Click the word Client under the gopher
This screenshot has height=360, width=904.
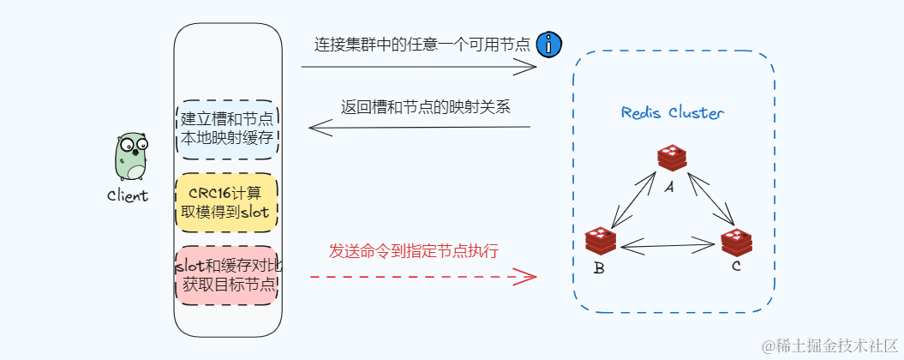click(x=128, y=195)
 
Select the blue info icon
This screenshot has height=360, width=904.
click(x=548, y=45)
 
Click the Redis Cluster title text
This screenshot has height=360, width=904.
click(x=673, y=113)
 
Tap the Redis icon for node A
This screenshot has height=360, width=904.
click(x=672, y=158)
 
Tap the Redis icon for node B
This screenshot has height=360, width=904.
click(x=601, y=242)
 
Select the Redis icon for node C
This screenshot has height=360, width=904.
click(x=735, y=243)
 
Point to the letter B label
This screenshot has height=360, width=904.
click(x=599, y=269)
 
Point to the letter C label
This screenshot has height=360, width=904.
click(x=735, y=267)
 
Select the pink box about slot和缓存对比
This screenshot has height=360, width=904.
click(x=226, y=275)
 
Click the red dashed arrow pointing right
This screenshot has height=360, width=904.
click(x=422, y=276)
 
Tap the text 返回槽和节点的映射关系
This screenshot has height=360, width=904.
click(x=426, y=107)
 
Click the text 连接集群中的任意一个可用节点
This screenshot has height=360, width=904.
click(x=422, y=45)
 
